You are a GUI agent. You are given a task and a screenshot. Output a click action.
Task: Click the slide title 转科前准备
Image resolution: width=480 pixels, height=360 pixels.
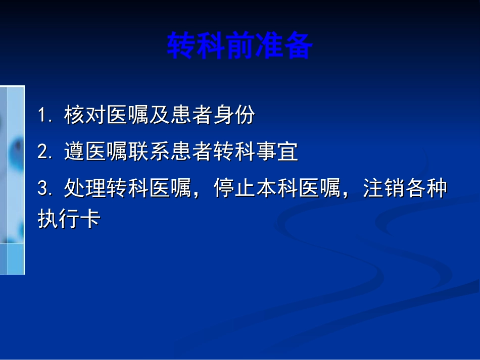(239, 46)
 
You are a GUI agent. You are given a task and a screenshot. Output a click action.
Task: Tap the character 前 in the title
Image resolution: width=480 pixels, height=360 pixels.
(239, 46)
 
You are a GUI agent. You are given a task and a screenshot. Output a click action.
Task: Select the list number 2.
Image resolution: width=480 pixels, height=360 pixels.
(43, 152)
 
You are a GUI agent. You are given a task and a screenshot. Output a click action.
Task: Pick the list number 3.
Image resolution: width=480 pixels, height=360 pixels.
(43, 190)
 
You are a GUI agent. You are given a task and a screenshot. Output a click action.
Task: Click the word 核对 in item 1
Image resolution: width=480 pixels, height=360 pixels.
(85, 116)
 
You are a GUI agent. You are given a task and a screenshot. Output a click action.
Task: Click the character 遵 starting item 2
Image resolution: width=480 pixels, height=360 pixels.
(74, 152)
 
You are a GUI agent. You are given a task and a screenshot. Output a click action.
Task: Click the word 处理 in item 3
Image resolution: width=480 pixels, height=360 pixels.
(85, 190)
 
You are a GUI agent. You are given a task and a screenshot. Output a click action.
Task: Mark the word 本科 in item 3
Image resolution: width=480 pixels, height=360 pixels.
(277, 190)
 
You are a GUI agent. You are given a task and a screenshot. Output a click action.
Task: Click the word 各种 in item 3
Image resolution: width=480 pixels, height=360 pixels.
(426, 190)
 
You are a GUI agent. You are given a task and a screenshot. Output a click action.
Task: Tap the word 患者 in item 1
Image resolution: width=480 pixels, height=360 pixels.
(191, 116)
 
